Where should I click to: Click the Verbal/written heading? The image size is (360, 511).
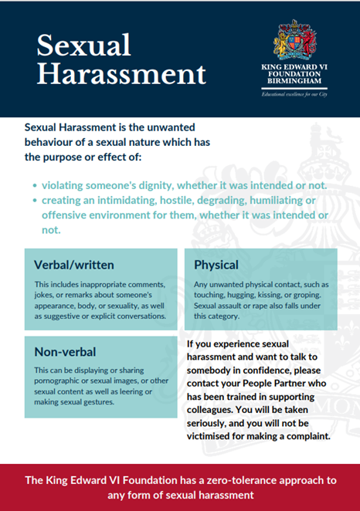(74, 265)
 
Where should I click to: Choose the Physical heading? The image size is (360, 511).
(216, 265)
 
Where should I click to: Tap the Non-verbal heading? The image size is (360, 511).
(65, 352)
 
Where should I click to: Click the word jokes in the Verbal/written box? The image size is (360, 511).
(47, 295)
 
